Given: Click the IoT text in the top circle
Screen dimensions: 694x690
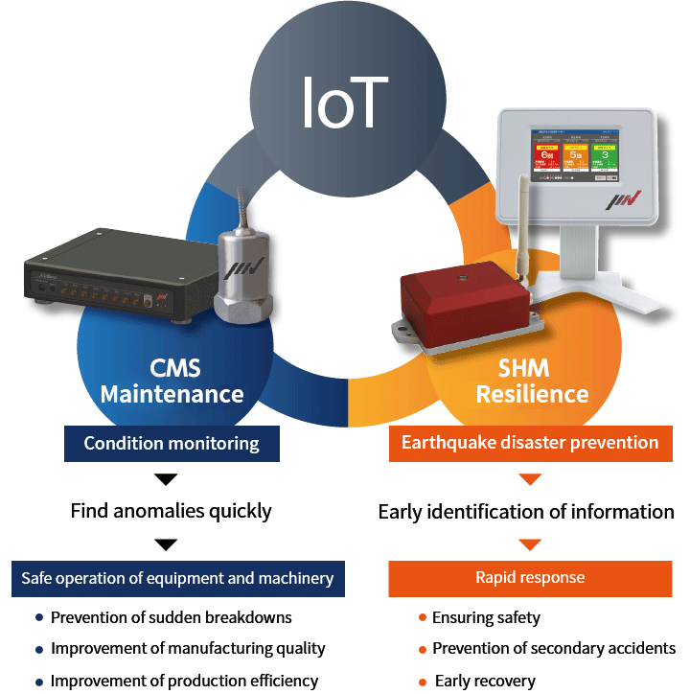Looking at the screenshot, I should pos(344,103).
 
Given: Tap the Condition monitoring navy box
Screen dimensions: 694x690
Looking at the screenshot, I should pos(172,443).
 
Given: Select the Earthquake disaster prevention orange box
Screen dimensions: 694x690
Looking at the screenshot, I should pos(530,443).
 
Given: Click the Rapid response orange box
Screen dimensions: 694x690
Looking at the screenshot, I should pos(530,578).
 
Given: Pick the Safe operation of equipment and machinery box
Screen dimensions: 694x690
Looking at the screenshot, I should pos(177,578).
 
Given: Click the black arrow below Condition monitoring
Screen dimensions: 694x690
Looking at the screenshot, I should pos(166,478).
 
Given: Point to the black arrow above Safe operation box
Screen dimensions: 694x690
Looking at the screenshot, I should pos(166,544).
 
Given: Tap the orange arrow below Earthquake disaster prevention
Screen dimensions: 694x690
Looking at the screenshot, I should pos(530,478).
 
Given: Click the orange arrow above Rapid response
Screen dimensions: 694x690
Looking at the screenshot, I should pos(530,544).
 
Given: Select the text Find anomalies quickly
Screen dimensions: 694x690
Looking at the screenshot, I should pos(171,511).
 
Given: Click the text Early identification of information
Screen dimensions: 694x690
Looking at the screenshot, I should pos(526,512).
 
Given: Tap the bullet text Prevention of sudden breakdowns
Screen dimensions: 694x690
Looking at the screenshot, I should pos(171,617).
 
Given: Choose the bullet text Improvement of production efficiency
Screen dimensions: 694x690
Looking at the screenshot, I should pos(184,681).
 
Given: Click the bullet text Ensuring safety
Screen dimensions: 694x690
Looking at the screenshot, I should pos(486,617).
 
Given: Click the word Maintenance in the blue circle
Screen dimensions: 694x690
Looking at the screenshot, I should pos(172,393).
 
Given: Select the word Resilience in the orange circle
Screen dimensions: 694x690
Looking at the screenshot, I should pos(532,393).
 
